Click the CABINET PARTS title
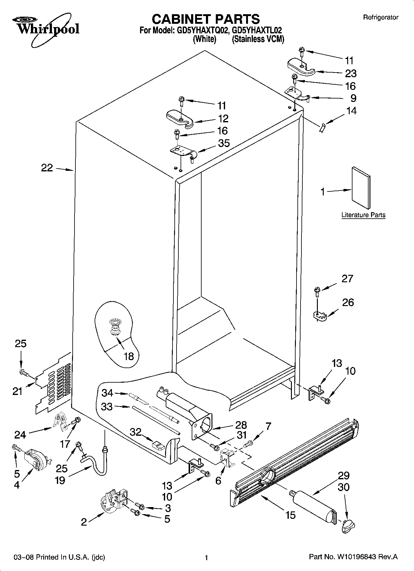click(206, 19)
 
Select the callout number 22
click(47, 168)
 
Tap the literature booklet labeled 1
click(361, 188)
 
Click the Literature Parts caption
click(363, 215)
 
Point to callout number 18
click(129, 356)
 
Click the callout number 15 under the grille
click(291, 515)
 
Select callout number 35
click(224, 143)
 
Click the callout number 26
click(348, 302)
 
